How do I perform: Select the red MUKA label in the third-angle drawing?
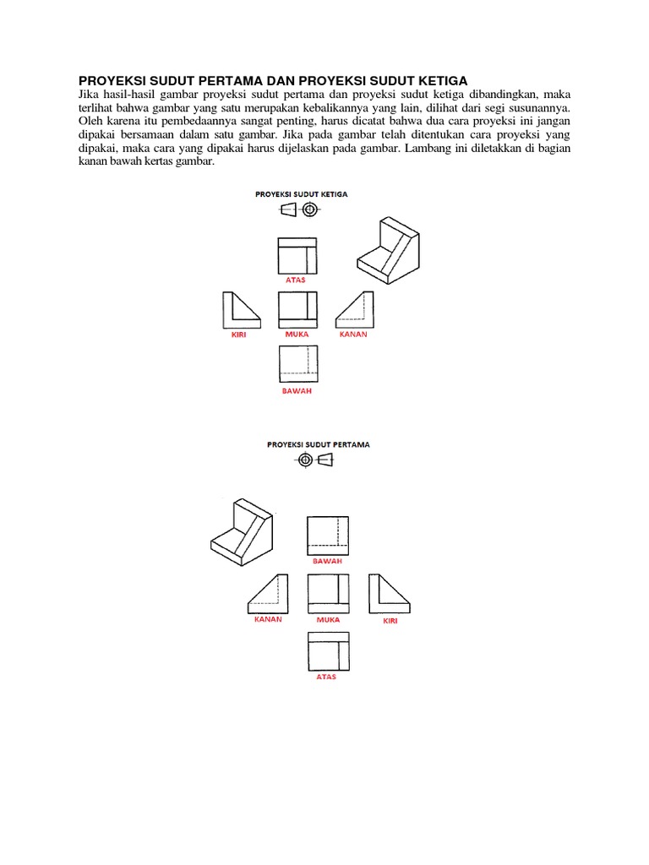(297, 334)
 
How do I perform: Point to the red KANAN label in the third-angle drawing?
(353, 334)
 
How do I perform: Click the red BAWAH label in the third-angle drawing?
(297, 391)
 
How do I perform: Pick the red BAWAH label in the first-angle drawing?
(327, 560)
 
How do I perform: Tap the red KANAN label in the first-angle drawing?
(268, 618)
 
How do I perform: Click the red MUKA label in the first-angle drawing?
(328, 619)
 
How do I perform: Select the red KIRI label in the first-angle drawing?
(390, 620)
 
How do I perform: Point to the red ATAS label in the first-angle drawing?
(326, 677)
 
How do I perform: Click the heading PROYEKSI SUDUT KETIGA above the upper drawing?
(302, 193)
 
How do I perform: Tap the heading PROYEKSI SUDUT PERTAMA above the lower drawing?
(319, 443)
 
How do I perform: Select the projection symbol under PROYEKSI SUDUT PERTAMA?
(316, 460)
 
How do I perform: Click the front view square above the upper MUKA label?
(297, 309)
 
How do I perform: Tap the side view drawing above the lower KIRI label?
(390, 593)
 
